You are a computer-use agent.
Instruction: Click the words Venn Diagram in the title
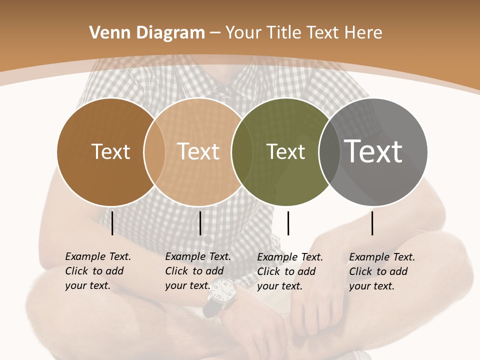[147, 33]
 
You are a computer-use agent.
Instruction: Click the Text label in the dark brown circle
[110, 151]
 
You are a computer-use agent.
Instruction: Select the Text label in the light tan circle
[198, 151]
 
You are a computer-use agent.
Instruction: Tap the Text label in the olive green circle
[285, 151]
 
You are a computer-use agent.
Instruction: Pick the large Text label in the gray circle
[373, 151]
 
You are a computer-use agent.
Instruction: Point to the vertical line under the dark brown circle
[112, 223]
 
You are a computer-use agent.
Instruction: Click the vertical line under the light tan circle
[200, 223]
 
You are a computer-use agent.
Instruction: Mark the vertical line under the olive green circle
[288, 223]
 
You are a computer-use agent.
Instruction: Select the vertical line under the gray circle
[372, 223]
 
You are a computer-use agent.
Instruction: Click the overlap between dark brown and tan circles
[154, 151]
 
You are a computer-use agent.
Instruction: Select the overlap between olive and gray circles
[328, 151]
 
